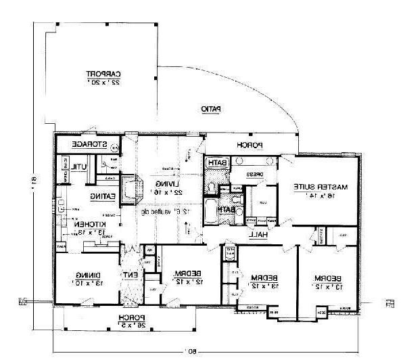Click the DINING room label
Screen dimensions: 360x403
89,274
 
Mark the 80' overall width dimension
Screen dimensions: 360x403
192,351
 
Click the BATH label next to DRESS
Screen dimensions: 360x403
216,163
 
